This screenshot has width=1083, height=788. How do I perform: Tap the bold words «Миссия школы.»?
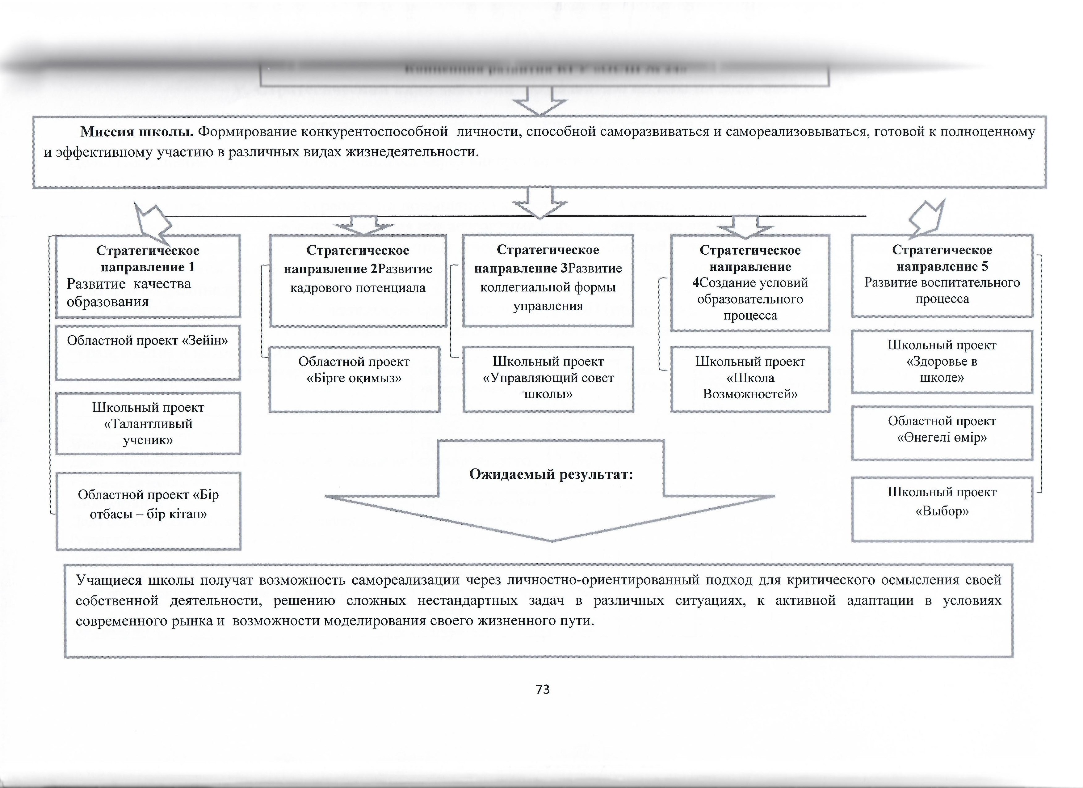pos(136,131)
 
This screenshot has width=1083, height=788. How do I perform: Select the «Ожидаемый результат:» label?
pos(551,474)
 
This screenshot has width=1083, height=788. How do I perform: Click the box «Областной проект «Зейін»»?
pos(148,352)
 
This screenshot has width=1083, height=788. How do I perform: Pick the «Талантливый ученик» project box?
pos(148,423)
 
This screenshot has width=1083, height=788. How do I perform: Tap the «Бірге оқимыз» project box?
pos(354,379)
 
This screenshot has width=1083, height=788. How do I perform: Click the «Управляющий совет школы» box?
pos(548,379)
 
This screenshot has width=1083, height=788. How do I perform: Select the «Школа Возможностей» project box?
pos(750,379)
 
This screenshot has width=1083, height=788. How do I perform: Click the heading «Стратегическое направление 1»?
pos(148,259)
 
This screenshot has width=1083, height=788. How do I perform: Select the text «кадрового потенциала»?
pos(358,288)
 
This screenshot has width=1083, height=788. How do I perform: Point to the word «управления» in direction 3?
pos(548,306)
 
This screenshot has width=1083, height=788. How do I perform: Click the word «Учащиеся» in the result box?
pos(109,580)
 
